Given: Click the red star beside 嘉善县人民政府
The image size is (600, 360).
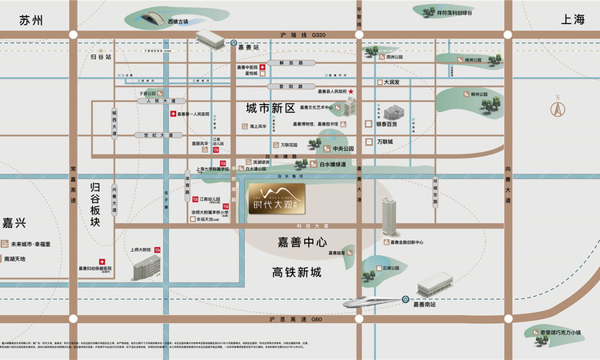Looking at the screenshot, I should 350,92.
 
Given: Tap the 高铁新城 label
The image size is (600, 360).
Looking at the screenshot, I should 295,273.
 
